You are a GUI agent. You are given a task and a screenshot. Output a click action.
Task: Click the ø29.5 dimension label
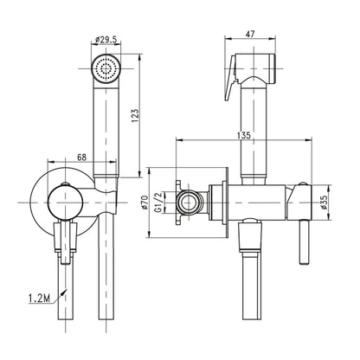point(106,40)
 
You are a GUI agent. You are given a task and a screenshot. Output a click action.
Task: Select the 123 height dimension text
point(135,115)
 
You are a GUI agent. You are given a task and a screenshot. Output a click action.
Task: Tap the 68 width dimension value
point(82,157)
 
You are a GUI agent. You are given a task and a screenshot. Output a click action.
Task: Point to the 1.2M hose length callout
point(39,299)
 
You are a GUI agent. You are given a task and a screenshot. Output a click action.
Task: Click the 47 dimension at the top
point(250,34)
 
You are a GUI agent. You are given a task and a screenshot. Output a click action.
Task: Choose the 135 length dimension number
point(244,135)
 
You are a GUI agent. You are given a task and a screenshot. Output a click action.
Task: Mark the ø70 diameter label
point(145,202)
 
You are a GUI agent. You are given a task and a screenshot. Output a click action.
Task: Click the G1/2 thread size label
point(158,202)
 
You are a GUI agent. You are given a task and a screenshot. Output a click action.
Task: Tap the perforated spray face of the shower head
point(106,68)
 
